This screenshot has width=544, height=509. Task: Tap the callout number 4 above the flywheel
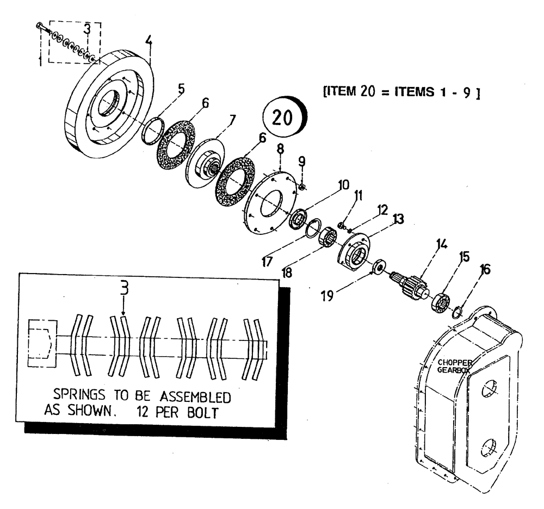(x=149, y=41)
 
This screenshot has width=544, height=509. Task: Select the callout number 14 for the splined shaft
(x=441, y=245)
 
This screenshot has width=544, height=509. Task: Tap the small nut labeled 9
(x=303, y=187)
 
